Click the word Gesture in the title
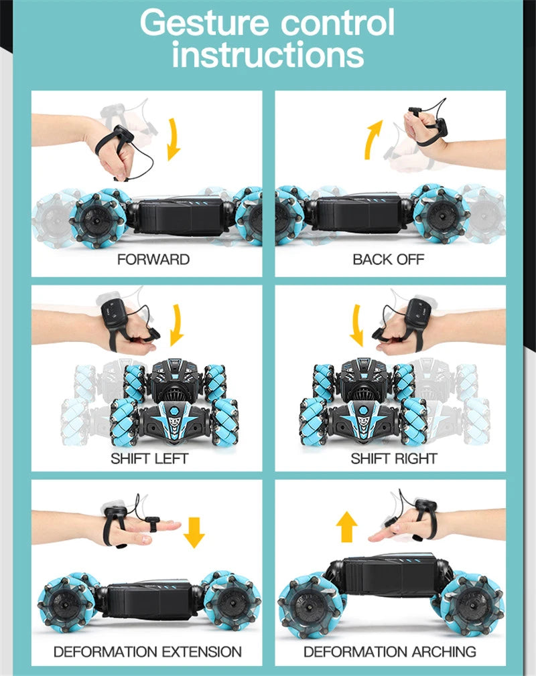tap(204, 23)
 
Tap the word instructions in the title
tap(268, 54)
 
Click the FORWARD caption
tap(153, 260)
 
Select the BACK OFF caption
tap(389, 260)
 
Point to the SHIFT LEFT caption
tap(149, 458)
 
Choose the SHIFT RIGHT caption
tap(394, 458)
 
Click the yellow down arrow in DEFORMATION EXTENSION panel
tap(194, 533)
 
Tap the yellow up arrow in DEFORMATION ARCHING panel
tap(346, 527)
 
